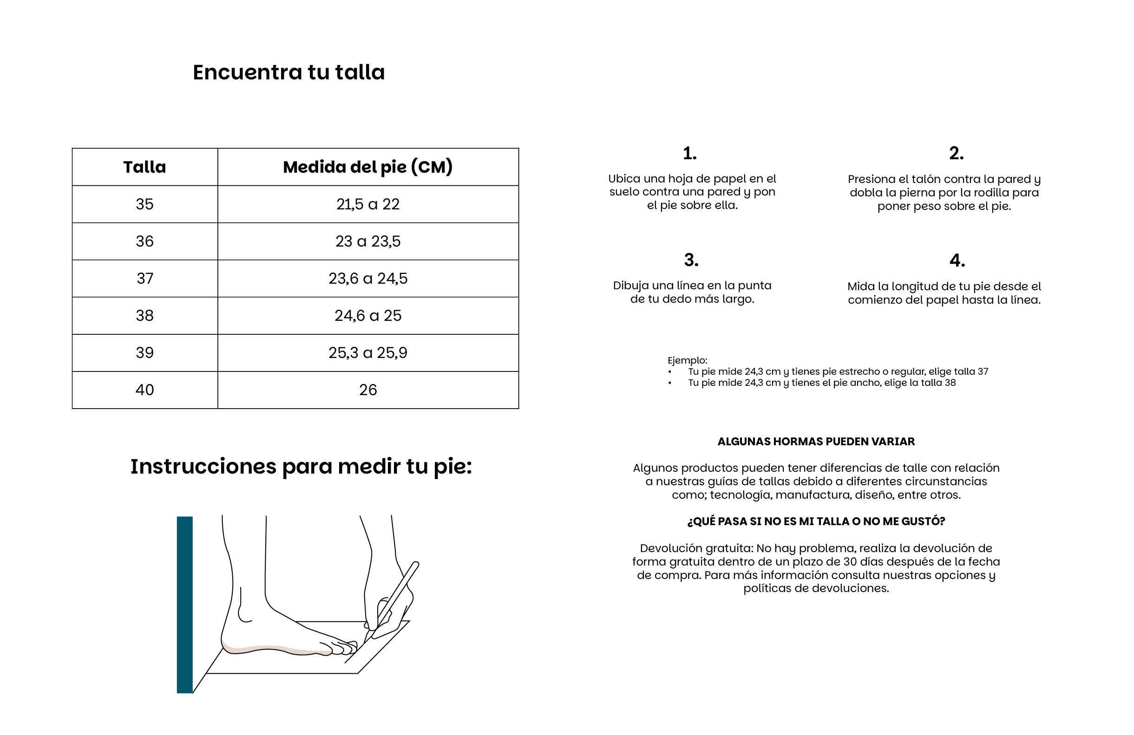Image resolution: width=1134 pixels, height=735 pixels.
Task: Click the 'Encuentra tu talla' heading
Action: coord(289,72)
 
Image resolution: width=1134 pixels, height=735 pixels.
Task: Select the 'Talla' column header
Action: coord(145,167)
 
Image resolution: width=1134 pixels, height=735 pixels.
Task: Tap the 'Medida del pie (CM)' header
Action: coord(368,167)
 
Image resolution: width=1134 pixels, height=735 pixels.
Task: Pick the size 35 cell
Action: coord(145,204)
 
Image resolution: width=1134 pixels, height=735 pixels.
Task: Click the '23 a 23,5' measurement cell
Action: coord(368,241)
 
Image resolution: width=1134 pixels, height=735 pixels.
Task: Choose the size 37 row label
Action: coord(145,279)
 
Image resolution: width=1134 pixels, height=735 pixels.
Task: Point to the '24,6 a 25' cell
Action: coord(368,316)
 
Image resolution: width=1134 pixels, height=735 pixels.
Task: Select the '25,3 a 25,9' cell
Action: coord(368,353)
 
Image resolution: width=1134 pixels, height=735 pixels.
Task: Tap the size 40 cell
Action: coord(145,390)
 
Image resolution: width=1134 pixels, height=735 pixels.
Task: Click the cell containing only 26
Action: coord(368,390)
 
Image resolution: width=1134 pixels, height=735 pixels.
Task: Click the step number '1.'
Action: coord(690,153)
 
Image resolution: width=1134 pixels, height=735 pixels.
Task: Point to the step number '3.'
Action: coord(691,260)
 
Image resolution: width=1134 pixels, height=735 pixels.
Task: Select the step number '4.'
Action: coord(957,260)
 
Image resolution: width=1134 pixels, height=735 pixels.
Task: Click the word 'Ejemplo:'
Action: coord(687,361)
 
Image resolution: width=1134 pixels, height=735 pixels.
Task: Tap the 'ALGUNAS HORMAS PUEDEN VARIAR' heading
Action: coord(816,442)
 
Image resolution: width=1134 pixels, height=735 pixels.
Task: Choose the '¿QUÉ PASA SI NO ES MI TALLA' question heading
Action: coord(816,521)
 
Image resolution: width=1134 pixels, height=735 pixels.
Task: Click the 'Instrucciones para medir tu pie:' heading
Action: coord(301,467)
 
